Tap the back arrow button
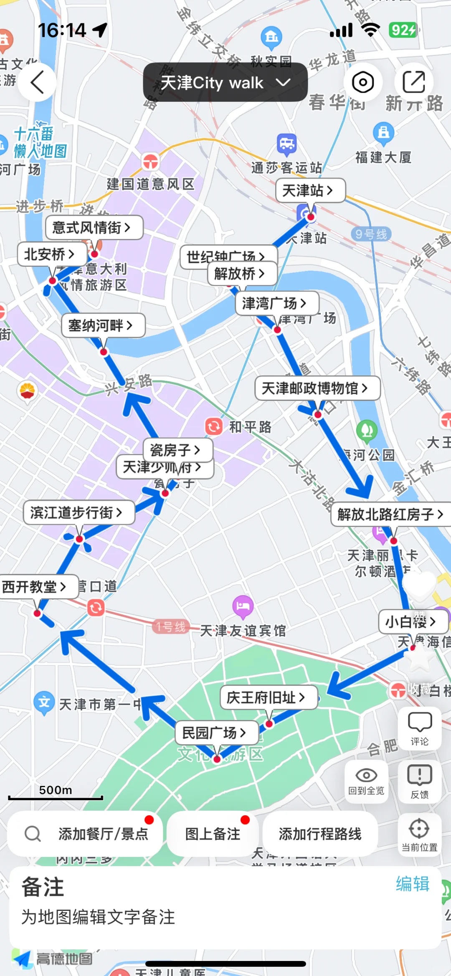tap(37, 82)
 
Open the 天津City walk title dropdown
tap(225, 82)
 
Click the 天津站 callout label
tap(310, 190)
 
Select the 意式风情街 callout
tap(94, 228)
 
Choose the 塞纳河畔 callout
tap(103, 325)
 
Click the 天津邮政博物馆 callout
tap(317, 388)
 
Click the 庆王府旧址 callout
tap(269, 697)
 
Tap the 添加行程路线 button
tap(320, 834)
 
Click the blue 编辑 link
tap(413, 884)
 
